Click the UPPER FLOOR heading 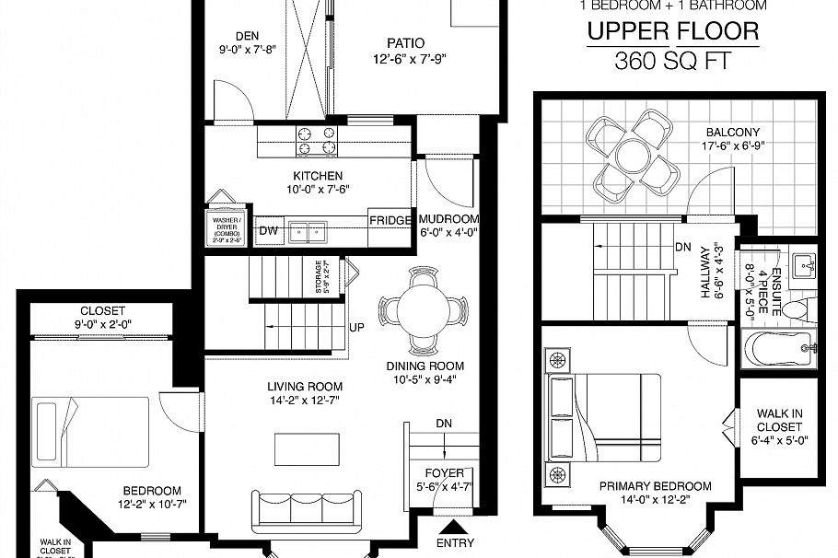(673, 31)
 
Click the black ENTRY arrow (455, 528)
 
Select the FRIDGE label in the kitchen (390, 221)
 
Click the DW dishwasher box (268, 230)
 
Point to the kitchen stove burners (317, 141)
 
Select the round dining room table (425, 309)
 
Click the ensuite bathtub (777, 350)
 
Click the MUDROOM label (448, 219)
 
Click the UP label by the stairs (357, 328)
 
